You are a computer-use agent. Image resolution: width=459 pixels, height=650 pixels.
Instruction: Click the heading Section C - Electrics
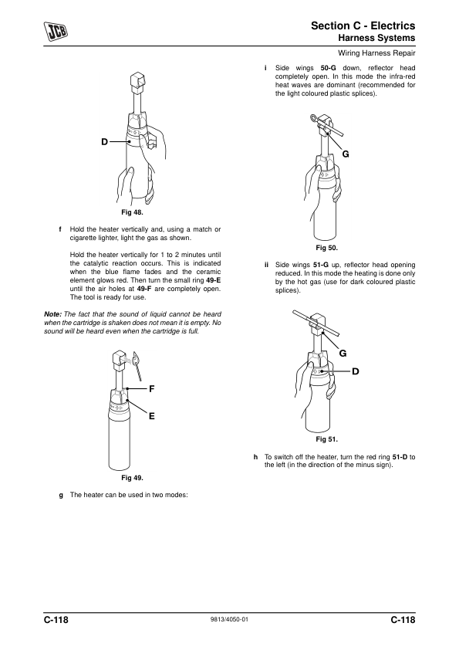pyautogui.click(x=363, y=25)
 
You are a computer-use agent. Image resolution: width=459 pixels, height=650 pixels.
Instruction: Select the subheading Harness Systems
pyautogui.click(x=376, y=38)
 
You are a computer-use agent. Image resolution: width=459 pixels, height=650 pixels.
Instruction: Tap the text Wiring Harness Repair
pyautogui.click(x=376, y=53)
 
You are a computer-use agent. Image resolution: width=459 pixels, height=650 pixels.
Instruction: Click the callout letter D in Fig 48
pyautogui.click(x=104, y=142)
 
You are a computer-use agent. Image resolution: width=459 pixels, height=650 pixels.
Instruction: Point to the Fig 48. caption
pyautogui.click(x=132, y=212)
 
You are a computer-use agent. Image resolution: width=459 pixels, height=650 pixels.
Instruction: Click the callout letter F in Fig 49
pyautogui.click(x=152, y=389)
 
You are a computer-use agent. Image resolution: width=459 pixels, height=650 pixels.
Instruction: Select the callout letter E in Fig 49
pyautogui.click(x=152, y=416)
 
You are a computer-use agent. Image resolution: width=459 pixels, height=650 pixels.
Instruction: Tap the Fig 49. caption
pyautogui.click(x=132, y=478)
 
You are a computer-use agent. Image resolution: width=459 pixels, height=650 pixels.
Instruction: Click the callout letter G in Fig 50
pyautogui.click(x=346, y=154)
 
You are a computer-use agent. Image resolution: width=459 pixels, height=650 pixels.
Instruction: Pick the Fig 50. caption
pyautogui.click(x=327, y=248)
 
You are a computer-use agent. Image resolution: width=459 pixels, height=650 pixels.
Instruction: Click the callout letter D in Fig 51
pyautogui.click(x=356, y=371)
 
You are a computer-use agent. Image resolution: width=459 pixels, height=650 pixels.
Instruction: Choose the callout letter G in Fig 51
pyautogui.click(x=343, y=354)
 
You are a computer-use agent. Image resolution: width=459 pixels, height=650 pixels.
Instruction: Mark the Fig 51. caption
pyautogui.click(x=327, y=439)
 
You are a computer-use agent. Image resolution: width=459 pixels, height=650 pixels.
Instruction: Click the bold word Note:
pyautogui.click(x=52, y=314)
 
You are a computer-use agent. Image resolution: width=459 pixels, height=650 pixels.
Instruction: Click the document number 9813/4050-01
pyautogui.click(x=230, y=620)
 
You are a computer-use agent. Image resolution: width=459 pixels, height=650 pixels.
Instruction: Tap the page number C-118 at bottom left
pyautogui.click(x=56, y=620)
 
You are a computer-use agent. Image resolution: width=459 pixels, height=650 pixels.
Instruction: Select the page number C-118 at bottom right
pyautogui.click(x=403, y=620)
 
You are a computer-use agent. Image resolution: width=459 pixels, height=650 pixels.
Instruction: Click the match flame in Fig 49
pyautogui.click(x=137, y=357)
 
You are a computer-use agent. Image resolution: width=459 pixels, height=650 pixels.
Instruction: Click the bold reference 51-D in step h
pyautogui.click(x=400, y=457)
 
